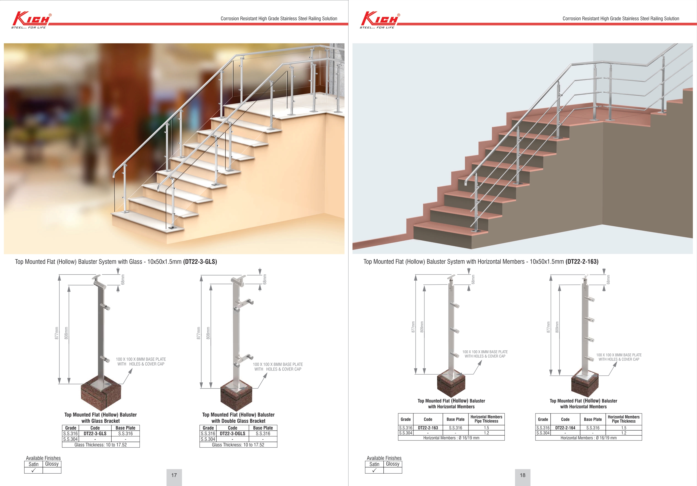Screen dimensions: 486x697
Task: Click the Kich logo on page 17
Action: [x=31, y=19]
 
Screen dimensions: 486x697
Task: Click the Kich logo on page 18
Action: [x=380, y=19]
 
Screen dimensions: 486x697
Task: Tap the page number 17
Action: [x=174, y=475]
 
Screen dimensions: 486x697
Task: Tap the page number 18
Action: [x=523, y=475]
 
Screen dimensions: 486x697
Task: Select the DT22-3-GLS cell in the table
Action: [x=95, y=433]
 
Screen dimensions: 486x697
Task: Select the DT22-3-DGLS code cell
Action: [x=233, y=433]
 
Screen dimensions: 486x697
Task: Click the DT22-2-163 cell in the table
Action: [x=428, y=428]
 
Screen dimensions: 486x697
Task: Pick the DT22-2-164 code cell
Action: [x=565, y=428]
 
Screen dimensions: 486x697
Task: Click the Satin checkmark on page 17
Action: [x=33, y=470]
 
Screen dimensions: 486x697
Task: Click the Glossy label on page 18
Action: [x=392, y=464]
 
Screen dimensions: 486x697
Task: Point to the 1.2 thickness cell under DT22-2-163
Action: [x=486, y=433]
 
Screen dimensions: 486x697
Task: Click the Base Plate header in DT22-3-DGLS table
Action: [x=263, y=428]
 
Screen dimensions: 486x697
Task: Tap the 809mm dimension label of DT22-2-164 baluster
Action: [x=557, y=327]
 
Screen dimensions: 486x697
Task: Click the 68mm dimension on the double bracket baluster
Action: [x=265, y=279]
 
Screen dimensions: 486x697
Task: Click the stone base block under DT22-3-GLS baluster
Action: [x=101, y=396]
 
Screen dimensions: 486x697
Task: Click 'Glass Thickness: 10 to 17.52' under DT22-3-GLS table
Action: [x=101, y=445]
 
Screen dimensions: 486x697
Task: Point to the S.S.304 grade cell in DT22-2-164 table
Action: [x=543, y=433]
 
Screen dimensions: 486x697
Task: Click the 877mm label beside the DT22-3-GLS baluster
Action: [x=56, y=333]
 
